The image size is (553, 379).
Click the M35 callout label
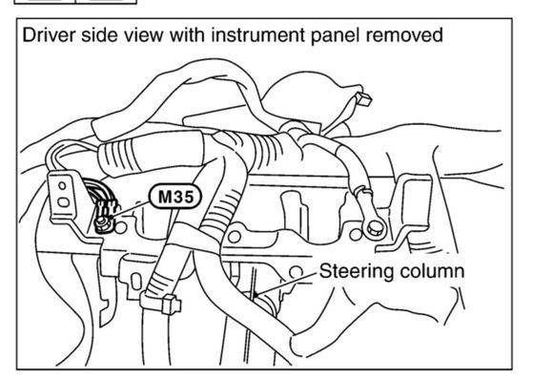click(x=175, y=197)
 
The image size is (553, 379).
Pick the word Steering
click(x=357, y=272)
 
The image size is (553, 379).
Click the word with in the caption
click(x=187, y=35)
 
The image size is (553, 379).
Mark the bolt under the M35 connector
click(x=102, y=222)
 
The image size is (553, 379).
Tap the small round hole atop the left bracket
click(x=62, y=185)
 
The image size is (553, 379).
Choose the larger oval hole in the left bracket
click(x=64, y=202)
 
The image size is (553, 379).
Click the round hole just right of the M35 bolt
click(x=120, y=227)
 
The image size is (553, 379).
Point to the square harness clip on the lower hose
click(x=172, y=305)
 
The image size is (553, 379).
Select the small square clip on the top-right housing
click(x=363, y=99)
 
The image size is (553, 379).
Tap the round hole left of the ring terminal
click(x=356, y=234)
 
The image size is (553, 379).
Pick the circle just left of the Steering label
click(x=296, y=272)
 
